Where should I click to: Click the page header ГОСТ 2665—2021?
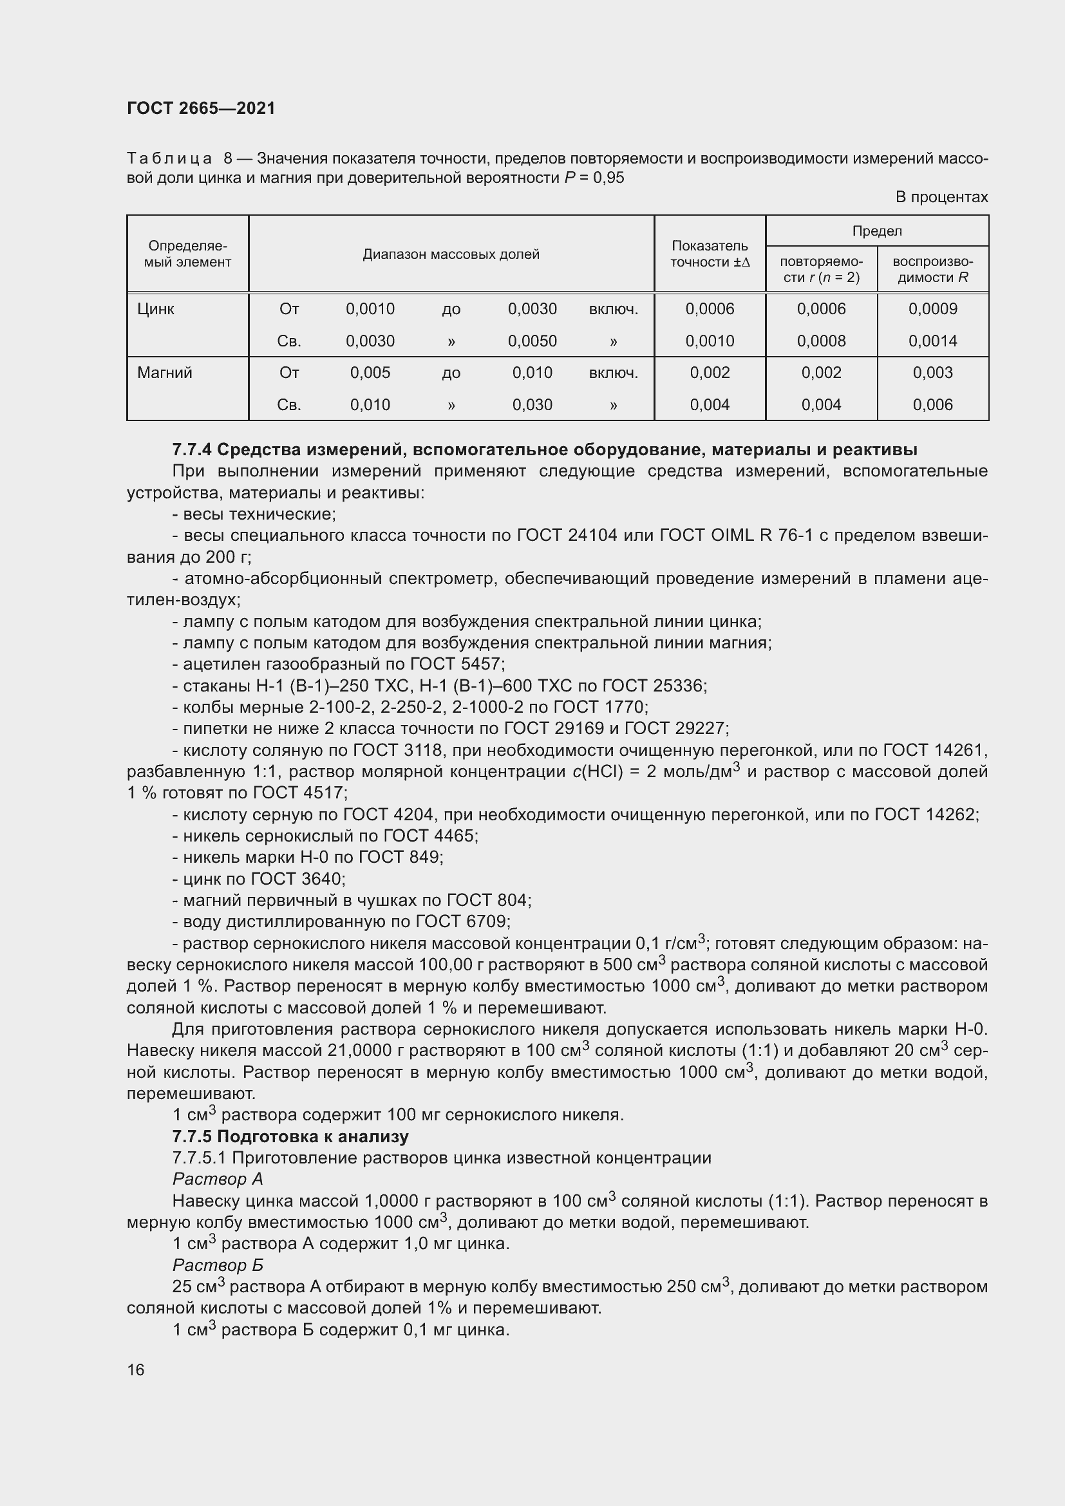tap(201, 108)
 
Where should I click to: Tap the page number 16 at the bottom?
tap(136, 1370)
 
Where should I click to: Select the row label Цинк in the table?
tap(155, 309)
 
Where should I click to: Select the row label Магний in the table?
tap(165, 373)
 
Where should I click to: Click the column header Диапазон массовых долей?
tap(451, 254)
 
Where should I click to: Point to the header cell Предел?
tap(877, 231)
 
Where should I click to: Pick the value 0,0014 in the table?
tap(932, 341)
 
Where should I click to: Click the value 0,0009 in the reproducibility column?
tap(932, 309)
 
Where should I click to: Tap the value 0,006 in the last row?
tap(932, 405)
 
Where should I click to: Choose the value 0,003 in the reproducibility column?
tap(932, 373)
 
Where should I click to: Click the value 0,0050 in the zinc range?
tap(532, 341)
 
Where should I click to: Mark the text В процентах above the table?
tap(942, 197)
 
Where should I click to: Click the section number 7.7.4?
tap(191, 450)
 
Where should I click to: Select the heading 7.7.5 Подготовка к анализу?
tap(290, 1136)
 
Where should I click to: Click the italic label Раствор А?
tap(218, 1180)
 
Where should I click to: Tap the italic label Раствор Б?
tap(218, 1265)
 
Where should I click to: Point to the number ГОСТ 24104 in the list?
tap(567, 536)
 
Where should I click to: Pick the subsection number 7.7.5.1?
tap(200, 1158)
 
